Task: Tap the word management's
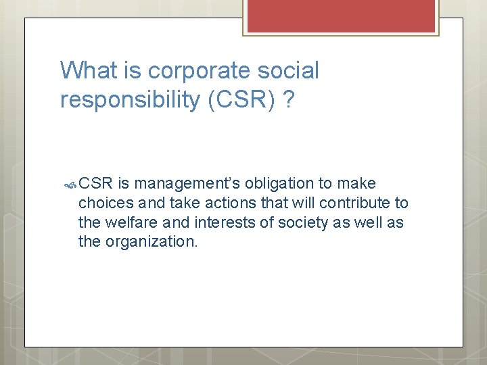188,184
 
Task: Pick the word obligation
278,184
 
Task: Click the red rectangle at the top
341,16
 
